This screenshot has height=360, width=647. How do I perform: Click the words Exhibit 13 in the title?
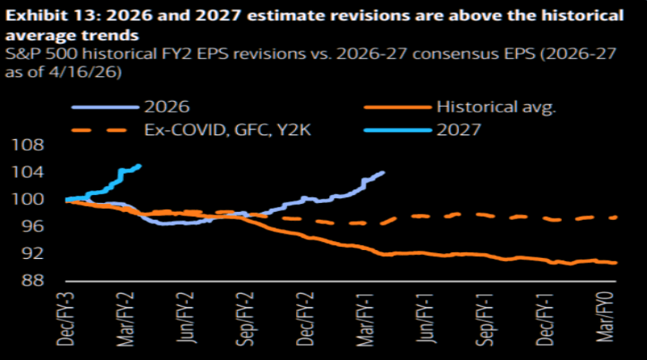(x=50, y=15)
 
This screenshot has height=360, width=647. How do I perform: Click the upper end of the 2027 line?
(x=140, y=166)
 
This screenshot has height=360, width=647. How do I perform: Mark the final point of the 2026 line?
(x=383, y=172)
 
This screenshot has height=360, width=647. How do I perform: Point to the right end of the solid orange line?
(x=617, y=262)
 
